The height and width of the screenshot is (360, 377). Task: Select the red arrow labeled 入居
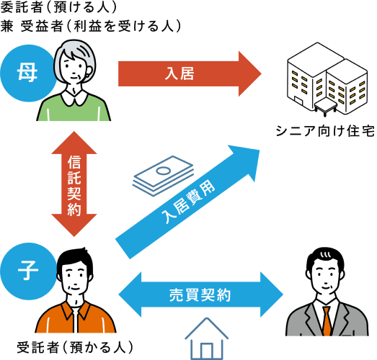pos(190,73)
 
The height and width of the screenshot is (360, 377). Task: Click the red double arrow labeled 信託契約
pos(74,184)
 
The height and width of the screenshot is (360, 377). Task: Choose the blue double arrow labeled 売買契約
pos(201,294)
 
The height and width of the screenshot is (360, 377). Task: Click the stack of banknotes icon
pos(163,176)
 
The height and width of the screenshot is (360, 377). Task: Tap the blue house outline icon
pos(206,338)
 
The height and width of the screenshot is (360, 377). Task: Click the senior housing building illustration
pos(327,80)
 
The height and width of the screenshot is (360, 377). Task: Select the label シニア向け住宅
pos(325,131)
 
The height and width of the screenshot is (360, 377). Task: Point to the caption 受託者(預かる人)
pos(74,347)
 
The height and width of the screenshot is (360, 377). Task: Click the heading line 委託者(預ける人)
pos(58,8)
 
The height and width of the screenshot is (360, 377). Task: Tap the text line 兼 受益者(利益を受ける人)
pos(91,26)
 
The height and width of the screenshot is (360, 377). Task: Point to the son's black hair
pos(75,259)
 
